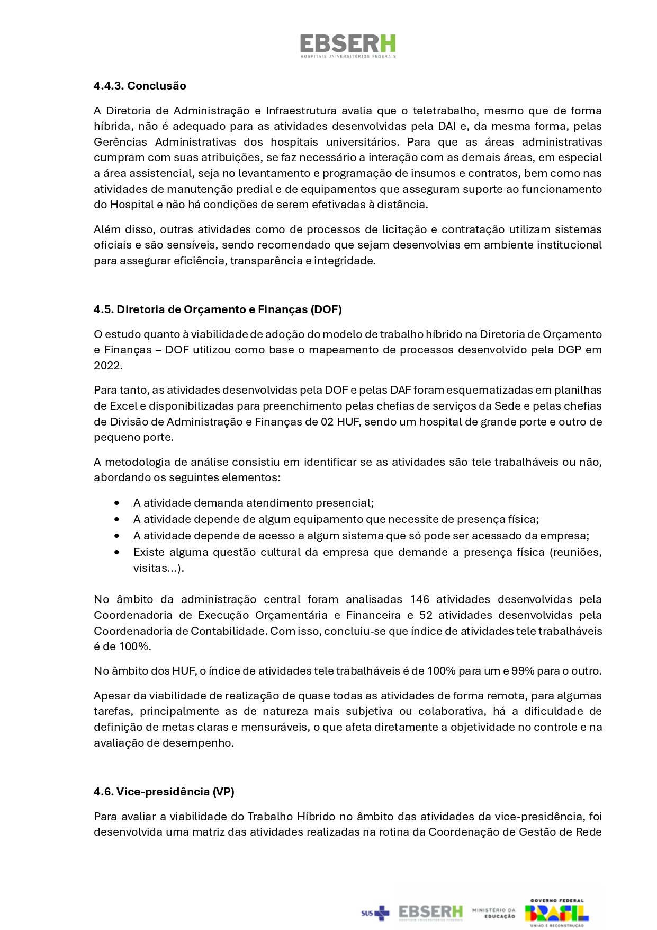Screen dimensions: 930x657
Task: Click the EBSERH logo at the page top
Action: coord(348,46)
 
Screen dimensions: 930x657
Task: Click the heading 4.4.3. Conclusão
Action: coord(140,86)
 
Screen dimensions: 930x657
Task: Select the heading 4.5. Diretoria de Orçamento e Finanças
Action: coord(218,309)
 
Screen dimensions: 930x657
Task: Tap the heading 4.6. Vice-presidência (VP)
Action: coord(164,792)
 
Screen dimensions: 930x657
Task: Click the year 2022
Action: coord(107,366)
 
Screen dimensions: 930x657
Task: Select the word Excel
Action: coord(123,406)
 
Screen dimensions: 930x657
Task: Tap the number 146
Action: coord(419,599)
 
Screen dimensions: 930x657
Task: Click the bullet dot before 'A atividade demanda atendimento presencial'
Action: coord(116,503)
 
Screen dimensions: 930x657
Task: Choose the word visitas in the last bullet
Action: coord(150,568)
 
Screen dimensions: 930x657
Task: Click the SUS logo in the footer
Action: coord(375,913)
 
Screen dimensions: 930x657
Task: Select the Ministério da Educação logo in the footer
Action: coord(493,913)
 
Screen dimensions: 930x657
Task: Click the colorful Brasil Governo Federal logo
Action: coord(556,913)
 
